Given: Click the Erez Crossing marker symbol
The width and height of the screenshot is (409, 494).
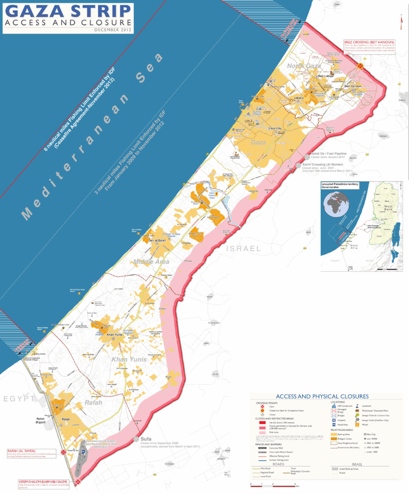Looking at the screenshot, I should tap(361, 66).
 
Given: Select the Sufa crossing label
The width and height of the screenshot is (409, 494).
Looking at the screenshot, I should tap(146, 439).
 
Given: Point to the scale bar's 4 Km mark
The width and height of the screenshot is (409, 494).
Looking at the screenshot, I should tap(294, 483).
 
